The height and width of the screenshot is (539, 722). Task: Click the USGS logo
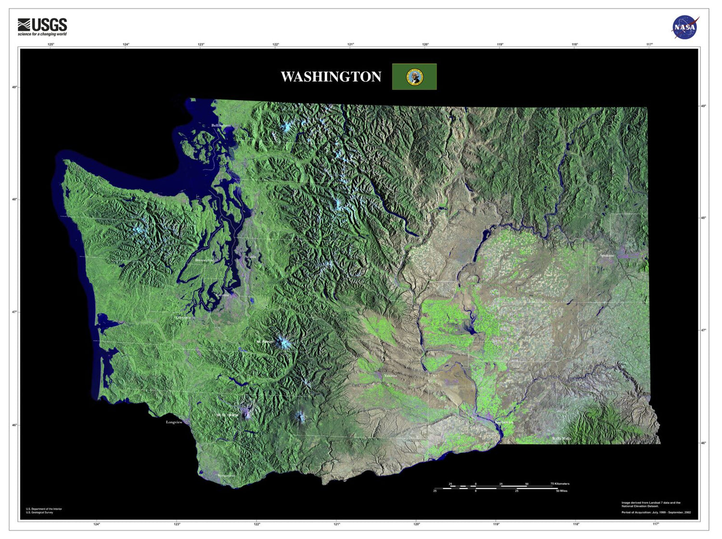[42, 27]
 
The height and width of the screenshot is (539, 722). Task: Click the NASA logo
[685, 27]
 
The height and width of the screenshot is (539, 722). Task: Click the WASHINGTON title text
[331, 77]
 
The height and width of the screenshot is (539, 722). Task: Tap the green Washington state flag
[414, 77]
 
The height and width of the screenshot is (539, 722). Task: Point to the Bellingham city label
[221, 126]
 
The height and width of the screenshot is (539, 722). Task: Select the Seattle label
[251, 257]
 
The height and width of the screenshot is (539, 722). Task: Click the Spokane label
[607, 256]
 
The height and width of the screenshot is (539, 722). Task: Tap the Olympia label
[183, 318]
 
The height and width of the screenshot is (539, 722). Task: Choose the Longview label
[174, 422]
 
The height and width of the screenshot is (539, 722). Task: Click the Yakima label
[390, 375]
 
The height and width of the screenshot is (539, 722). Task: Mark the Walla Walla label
[561, 438]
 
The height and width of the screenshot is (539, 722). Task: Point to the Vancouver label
[226, 475]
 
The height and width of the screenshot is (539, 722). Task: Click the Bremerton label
[204, 260]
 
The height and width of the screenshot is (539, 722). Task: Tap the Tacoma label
[222, 295]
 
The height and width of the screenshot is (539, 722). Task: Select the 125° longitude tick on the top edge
[51, 45]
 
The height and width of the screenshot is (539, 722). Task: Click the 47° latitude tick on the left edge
[14, 312]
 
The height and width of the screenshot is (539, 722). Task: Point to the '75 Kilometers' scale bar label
[560, 484]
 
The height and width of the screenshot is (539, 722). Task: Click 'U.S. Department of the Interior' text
[44, 509]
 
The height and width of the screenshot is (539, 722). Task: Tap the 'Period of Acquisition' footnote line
[656, 513]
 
